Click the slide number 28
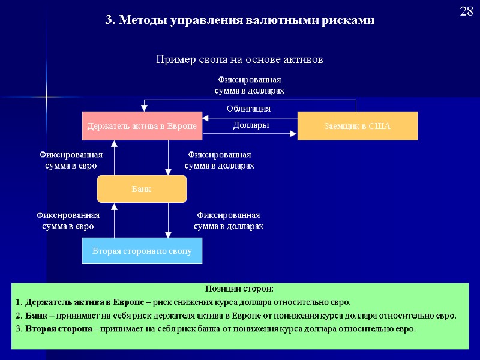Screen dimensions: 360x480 467,12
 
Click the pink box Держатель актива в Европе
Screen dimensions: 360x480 142,126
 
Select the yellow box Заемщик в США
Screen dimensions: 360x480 357,126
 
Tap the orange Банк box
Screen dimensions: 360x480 142,189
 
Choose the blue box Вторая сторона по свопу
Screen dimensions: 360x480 142,251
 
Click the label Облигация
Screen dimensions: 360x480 248,109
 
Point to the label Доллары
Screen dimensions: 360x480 250,125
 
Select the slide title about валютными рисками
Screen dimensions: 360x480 239,20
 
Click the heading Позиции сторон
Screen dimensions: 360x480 239,289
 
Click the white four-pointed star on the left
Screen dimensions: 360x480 46,96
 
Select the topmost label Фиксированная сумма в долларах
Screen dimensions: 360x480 249,85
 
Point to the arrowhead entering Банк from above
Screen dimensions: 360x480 168,172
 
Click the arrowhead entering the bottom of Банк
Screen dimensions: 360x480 113,207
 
